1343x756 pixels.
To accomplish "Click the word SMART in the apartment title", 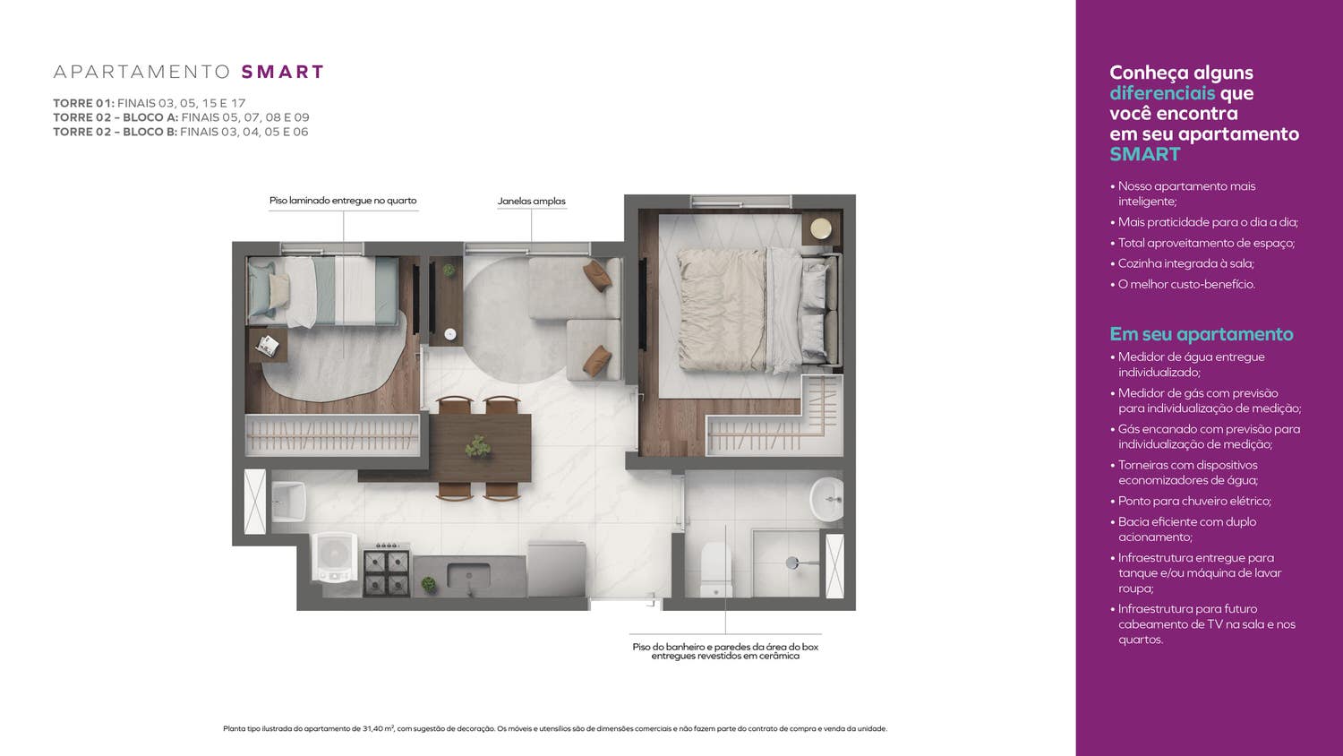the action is point(282,72).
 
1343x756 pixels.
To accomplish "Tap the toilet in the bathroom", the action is point(716,570).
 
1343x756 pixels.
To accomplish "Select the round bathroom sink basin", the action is point(826,499).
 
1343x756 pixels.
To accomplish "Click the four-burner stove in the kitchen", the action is point(387,570).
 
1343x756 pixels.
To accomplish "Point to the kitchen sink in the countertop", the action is point(468,577).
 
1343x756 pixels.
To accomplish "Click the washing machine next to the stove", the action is point(335,558).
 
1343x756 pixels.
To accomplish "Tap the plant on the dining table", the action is point(478,446).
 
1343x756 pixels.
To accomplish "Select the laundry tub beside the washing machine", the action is point(289,502).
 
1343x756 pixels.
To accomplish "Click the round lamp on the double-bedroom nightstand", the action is point(821,228).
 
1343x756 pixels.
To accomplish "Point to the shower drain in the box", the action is point(792,563).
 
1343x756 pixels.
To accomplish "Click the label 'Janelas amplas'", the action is point(531,202).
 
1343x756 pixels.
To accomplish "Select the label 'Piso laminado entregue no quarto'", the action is point(343,201).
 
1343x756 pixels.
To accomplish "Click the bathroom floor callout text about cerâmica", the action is point(725,651).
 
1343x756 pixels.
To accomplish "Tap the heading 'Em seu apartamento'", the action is point(1202,334).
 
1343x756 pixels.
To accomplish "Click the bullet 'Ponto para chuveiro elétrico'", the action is point(1194,501).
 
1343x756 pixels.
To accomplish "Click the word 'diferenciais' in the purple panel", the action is point(1162,93).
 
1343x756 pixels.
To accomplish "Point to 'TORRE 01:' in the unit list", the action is point(83,103).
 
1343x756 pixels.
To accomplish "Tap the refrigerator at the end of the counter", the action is point(556,569).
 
